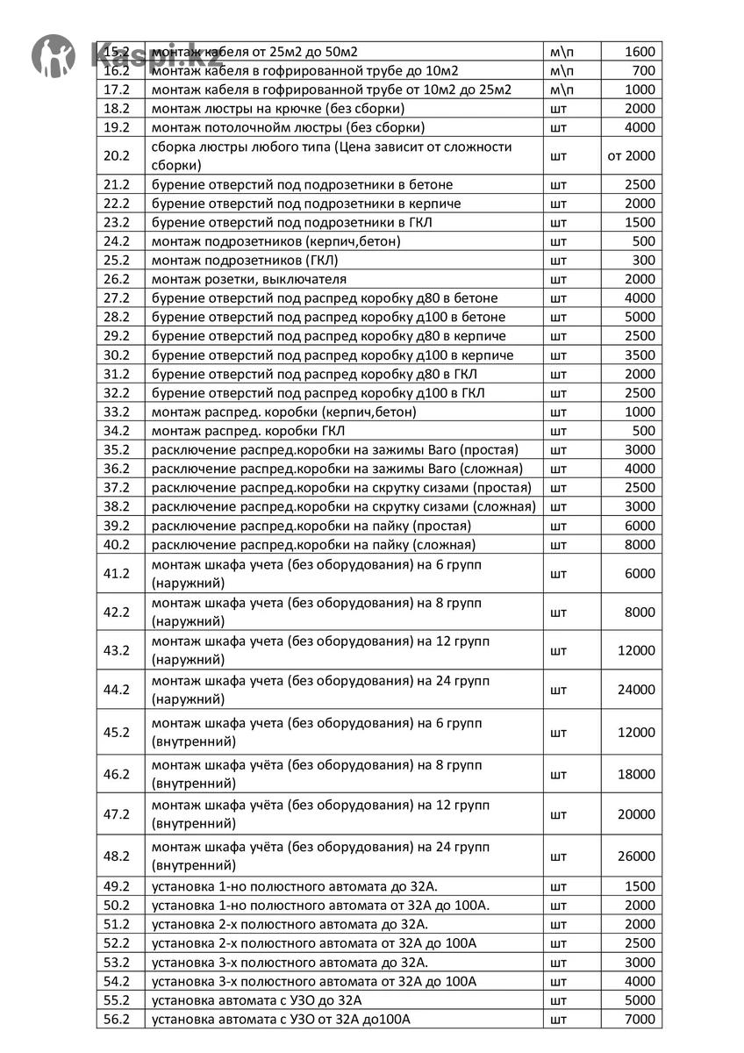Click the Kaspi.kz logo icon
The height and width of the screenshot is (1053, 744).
[54, 54]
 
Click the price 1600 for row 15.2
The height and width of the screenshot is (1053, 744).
[640, 52]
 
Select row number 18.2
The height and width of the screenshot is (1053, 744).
[117, 109]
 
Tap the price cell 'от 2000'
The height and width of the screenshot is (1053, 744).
[631, 156]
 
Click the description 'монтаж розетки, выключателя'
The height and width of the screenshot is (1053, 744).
[249, 279]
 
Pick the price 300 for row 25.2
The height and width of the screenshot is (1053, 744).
[644, 261]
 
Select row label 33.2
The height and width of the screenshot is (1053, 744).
[117, 412]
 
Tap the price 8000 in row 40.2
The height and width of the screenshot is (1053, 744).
[640, 545]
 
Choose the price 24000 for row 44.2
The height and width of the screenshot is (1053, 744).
[636, 690]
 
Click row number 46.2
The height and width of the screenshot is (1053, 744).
[117, 775]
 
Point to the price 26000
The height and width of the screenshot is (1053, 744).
[636, 856]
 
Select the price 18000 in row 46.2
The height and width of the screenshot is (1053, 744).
[636, 775]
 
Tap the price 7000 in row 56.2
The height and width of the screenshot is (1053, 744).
[640, 1020]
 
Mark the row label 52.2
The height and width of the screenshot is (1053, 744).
[117, 943]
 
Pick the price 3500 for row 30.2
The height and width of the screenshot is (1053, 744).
[640, 355]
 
